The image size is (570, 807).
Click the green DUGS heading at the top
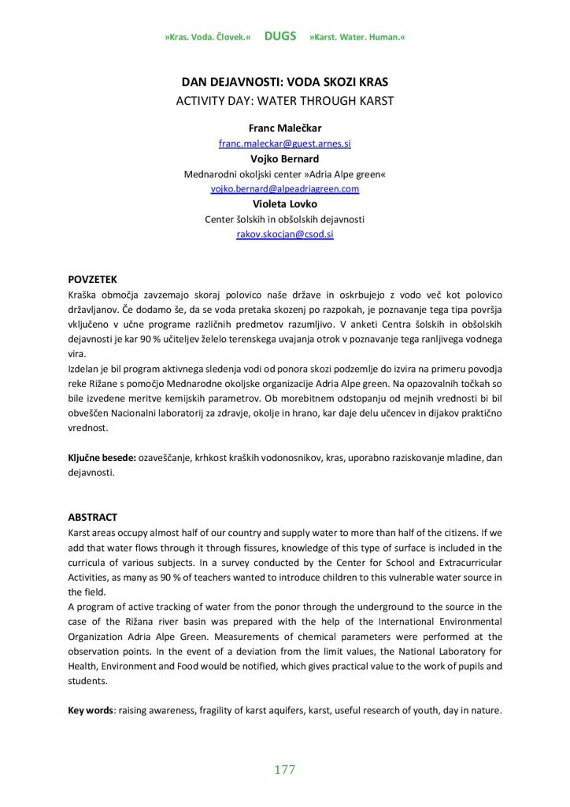point(280,36)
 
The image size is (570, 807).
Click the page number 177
point(284,770)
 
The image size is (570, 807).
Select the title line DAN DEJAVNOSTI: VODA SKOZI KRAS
point(284,82)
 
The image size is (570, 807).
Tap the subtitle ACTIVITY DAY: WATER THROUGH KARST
point(284,100)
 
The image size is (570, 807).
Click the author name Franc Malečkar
point(284,128)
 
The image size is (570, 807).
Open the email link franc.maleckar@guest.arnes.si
point(284,144)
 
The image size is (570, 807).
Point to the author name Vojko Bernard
point(284,159)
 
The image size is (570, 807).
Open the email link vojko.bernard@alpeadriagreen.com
point(284,189)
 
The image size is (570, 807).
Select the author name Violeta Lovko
point(284,204)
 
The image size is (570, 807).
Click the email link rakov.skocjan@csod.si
point(284,235)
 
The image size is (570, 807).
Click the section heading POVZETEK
point(93,279)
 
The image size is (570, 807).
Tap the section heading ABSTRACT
point(93,517)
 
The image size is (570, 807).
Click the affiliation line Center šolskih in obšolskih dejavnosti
point(284,220)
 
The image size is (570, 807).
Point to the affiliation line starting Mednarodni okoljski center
point(284,174)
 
